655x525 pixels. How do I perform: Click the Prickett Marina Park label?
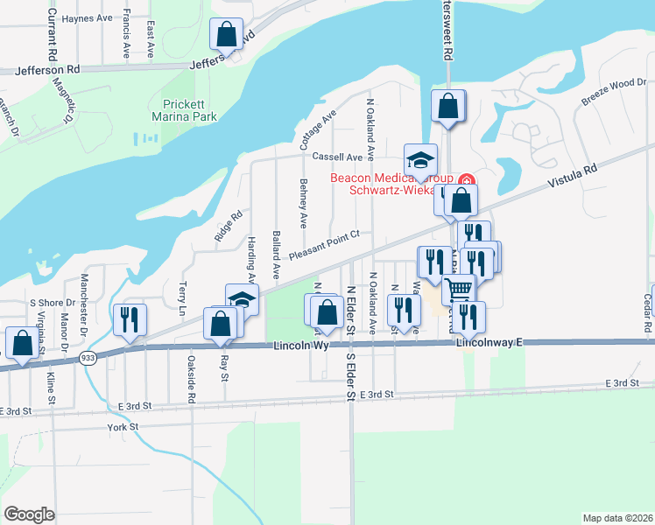click(190, 108)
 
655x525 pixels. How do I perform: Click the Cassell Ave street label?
click(337, 157)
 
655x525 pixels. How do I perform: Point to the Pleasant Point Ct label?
click(325, 245)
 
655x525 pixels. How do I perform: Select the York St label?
click(123, 427)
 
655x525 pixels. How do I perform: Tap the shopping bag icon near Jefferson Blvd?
click(227, 35)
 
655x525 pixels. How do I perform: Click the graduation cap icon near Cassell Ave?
click(420, 160)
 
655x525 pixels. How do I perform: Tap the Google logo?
click(29, 514)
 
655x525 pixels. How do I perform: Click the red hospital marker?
click(467, 181)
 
